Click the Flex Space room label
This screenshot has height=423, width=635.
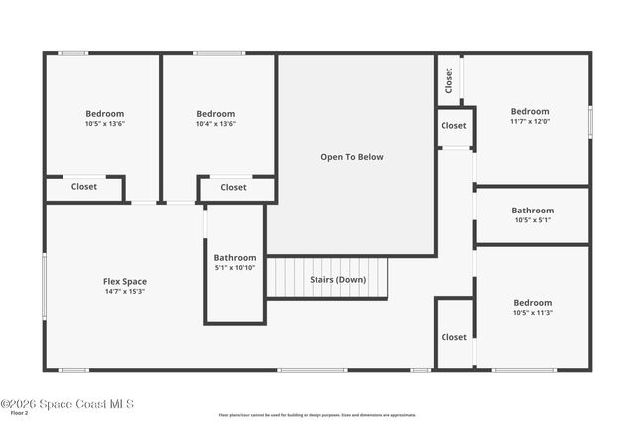pos(125,282)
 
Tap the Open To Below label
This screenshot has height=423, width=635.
pos(351,157)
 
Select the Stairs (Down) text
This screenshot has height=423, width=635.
pos(336,280)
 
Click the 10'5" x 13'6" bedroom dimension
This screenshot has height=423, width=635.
pos(104,124)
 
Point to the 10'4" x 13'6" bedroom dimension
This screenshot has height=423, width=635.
pos(215,124)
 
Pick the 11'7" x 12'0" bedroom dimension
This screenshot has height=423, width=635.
pos(530,122)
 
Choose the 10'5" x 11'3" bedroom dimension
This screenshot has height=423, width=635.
pos(532,313)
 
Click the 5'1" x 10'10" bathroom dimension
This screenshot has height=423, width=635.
pos(235,268)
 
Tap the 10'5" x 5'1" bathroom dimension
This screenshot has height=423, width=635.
pos(533,220)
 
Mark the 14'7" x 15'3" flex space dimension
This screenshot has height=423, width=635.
pos(125,292)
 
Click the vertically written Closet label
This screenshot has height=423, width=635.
pos(449,78)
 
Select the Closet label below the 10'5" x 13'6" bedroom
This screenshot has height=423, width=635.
pos(84,186)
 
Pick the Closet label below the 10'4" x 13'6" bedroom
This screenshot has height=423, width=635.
pos(233,187)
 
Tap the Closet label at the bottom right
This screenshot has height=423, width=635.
pos(453,337)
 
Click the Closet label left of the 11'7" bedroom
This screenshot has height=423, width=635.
pos(453,126)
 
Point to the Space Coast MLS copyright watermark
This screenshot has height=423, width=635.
pos(66,404)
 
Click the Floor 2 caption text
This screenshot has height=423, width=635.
pos(19,413)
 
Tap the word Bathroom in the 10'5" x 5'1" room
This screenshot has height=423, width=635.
pos(533,211)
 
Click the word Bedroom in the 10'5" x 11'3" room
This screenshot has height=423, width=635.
pos(532,303)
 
